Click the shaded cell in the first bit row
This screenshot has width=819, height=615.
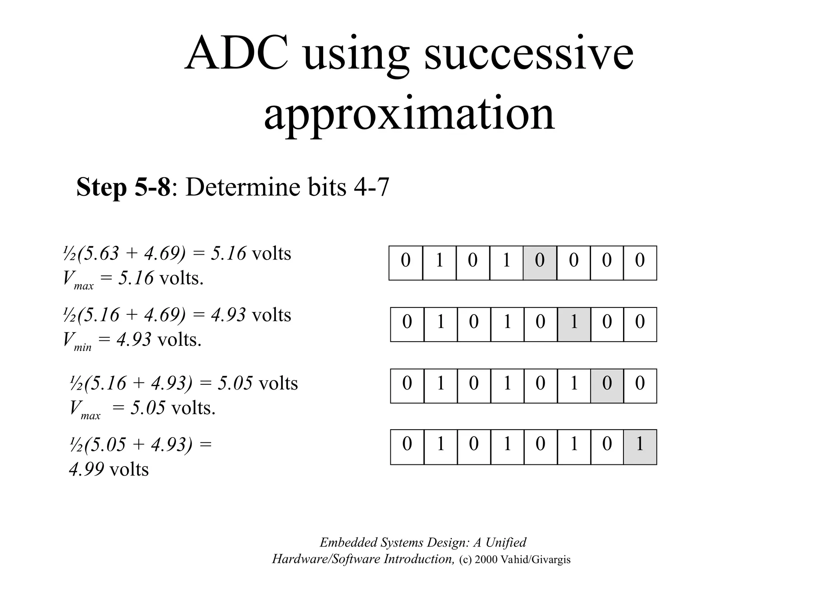[x=539, y=263]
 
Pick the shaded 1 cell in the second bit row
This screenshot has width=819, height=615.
[x=574, y=324]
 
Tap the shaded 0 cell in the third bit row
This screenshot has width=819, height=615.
[x=607, y=386]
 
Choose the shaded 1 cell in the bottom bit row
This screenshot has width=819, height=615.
[x=640, y=447]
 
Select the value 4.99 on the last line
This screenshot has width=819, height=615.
[x=86, y=469]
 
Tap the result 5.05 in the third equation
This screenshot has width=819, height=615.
[x=235, y=383]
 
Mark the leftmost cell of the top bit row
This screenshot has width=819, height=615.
[x=406, y=263]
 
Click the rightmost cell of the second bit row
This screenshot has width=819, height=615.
[x=640, y=324]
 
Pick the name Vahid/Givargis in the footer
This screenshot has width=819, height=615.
[x=535, y=559]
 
